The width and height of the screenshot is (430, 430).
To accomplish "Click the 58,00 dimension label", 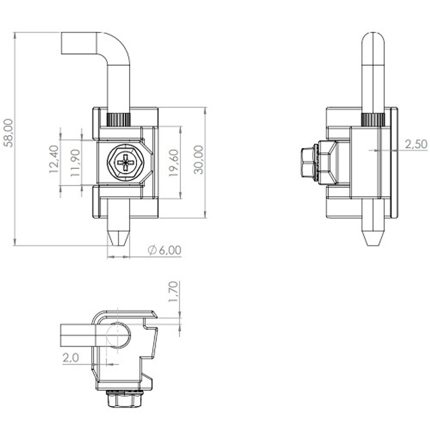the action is point(9,133).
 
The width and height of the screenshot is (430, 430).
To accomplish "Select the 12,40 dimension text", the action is point(54,159).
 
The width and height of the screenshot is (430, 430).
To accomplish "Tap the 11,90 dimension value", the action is point(75,163).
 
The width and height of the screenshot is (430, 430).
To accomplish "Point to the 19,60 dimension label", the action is point(174,163).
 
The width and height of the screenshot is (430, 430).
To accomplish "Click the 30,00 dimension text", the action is point(199,160).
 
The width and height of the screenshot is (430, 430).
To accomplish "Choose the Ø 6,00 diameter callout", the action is point(164,250).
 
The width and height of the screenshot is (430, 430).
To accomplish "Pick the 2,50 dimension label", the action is point(416,144).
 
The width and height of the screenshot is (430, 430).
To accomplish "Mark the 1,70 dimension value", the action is point(174,292).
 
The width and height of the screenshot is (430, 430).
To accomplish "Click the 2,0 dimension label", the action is point(71,358).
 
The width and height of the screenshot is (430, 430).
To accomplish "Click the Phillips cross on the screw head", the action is point(126,163).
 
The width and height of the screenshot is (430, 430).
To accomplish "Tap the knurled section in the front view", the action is point(119,120).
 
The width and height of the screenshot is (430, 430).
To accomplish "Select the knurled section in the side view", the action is point(373,120).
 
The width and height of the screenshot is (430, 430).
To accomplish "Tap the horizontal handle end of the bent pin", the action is point(79,43).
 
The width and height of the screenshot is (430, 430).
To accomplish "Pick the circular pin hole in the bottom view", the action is point(118,335).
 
